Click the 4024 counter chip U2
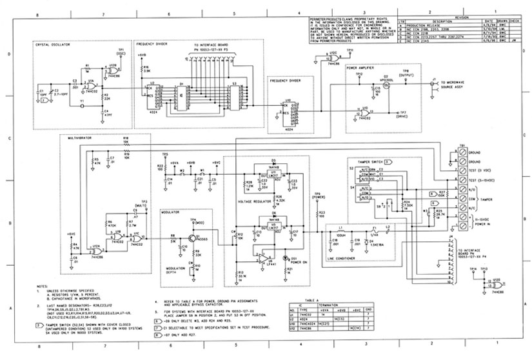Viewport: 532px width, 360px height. click(152, 99)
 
